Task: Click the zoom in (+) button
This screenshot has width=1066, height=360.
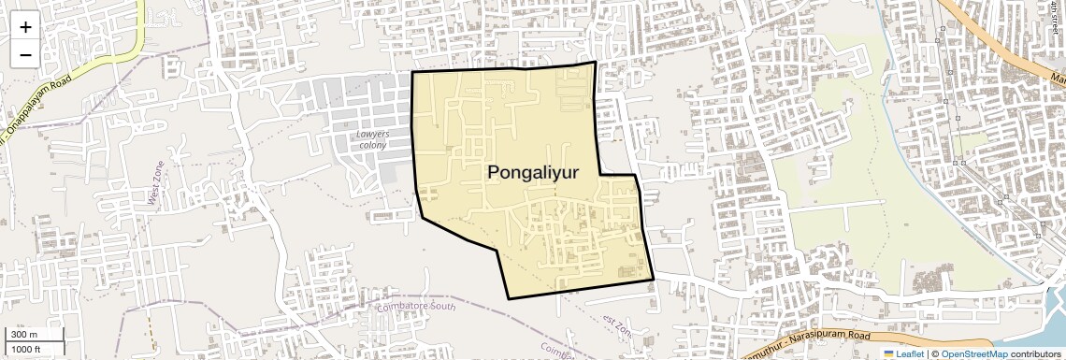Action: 25,27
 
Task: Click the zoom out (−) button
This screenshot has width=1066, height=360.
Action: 25,54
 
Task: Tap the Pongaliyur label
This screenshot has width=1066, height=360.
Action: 533,172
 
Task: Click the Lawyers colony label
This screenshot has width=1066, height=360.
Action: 372,139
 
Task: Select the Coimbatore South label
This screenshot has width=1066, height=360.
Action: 413,306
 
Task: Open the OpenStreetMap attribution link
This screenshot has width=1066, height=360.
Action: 973,354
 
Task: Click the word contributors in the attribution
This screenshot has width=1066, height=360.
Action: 1036,354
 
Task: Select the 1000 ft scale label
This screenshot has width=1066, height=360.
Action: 26,349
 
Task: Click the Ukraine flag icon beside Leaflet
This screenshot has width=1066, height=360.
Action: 889,354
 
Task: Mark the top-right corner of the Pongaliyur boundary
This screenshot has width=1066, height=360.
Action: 594,63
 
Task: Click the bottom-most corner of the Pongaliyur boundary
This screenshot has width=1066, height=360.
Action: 509,298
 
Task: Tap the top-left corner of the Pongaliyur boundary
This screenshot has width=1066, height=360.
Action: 412,72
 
